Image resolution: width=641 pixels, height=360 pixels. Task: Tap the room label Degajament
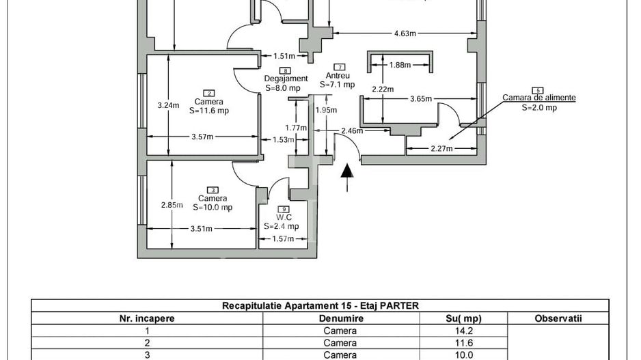[286, 79]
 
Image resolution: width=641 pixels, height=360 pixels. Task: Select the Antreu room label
[338, 76]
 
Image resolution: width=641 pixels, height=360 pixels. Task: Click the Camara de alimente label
[538, 98]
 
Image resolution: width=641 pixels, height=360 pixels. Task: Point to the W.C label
[284, 217]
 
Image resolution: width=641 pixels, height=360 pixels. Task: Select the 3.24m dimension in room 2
[167, 105]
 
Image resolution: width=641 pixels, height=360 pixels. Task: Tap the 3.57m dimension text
[202, 137]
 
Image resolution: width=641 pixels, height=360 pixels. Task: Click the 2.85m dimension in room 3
[172, 204]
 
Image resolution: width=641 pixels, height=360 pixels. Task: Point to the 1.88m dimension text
[400, 66]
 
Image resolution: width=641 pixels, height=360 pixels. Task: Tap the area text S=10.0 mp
[213, 208]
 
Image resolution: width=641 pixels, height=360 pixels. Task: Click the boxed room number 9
[284, 209]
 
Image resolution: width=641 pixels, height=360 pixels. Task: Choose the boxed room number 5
[538, 90]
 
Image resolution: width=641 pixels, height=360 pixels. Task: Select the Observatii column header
[558, 318]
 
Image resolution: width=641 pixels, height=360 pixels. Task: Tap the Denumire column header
[340, 318]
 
